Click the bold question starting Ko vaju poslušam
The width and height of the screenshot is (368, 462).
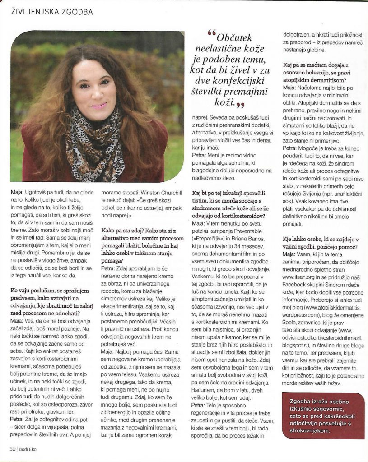pyautogui.click(x=51, y=299)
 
